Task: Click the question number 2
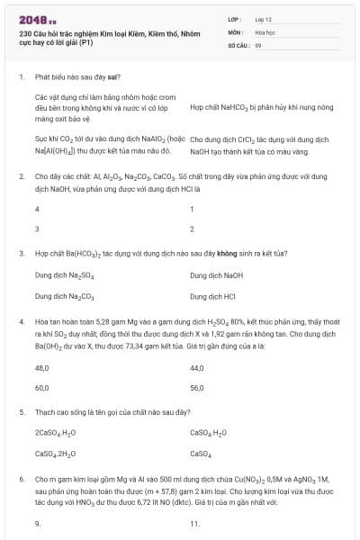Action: [21, 177]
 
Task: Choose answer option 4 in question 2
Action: [37, 209]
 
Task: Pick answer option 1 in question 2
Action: [193, 209]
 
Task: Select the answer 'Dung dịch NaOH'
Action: [217, 274]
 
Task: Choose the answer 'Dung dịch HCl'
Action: [213, 295]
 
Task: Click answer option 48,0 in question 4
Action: [41, 367]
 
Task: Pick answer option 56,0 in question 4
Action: [197, 388]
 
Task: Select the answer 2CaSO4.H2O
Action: [59, 433]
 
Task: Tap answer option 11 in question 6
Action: [194, 524]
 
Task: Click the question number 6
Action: [21, 481]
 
